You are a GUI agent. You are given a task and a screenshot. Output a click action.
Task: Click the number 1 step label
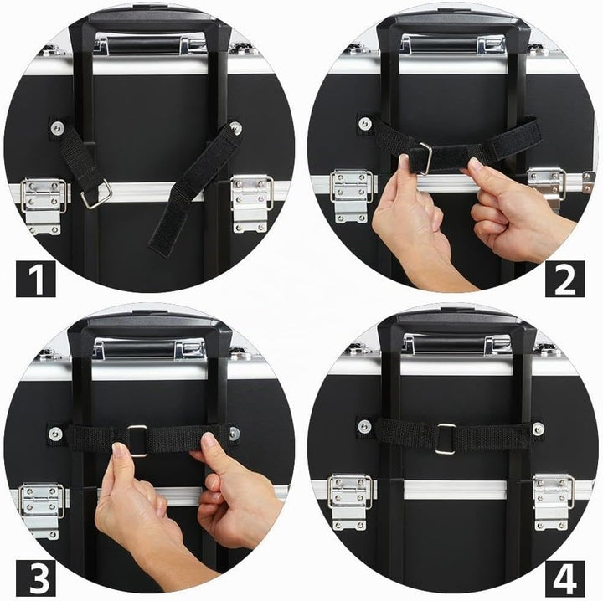coord(36,279)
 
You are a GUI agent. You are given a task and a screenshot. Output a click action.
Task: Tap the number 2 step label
coord(565,279)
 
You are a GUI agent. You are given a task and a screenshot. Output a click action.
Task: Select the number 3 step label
coord(36,578)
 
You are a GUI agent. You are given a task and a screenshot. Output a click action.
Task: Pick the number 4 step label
coord(565,578)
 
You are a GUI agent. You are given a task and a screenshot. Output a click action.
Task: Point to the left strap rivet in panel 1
coord(57,127)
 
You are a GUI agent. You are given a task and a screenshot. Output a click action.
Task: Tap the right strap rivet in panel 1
coord(236,126)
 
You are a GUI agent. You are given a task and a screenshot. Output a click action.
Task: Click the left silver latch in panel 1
coord(44,206)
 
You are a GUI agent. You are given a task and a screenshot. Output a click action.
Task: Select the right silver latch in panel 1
coord(252,203)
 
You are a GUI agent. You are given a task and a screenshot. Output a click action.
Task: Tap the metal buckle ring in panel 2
coord(425,158)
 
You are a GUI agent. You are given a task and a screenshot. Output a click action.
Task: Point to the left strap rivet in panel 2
coord(364,124)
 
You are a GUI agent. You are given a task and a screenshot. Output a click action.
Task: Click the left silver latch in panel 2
coord(351,197)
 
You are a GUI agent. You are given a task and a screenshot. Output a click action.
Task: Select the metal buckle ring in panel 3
coord(137,440)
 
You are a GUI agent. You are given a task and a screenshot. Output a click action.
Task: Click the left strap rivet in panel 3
coord(55,434)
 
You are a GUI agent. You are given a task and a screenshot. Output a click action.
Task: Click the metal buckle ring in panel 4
coord(446,439)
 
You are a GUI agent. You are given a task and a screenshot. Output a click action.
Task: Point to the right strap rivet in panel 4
coord(538,428)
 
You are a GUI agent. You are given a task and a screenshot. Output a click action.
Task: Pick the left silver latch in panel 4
coord(350,502)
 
